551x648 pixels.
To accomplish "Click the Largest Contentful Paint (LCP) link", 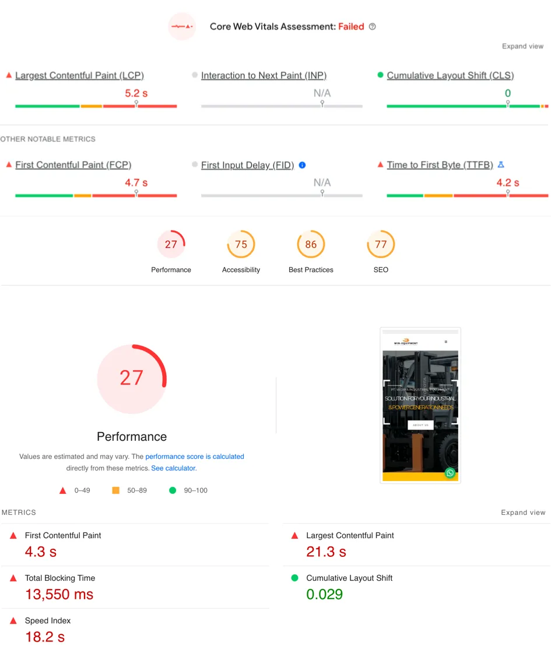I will [79, 75].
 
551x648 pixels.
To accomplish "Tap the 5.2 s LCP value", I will [136, 93].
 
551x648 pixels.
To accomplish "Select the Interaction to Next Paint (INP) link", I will [264, 75].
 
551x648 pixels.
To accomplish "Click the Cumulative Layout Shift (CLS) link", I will [450, 75].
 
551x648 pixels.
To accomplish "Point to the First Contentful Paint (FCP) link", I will [73, 165].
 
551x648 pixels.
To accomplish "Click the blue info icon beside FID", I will [302, 165].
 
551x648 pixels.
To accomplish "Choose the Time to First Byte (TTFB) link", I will [440, 165].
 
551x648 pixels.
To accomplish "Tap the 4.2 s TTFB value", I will [507, 183].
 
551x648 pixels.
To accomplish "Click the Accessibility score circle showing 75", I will [241, 245].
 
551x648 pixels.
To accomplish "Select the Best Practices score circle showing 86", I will [311, 245].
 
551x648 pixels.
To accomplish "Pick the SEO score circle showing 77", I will [381, 245].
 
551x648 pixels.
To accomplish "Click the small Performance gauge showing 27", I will [171, 245].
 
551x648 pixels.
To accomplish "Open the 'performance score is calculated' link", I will [195, 457].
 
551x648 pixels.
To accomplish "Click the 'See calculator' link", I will [174, 468].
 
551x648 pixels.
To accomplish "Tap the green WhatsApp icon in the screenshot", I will [450, 473].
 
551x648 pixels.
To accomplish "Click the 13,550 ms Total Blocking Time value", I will [59, 594].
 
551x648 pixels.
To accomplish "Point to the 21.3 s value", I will [326, 552].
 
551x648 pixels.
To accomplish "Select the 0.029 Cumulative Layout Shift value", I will [324, 594].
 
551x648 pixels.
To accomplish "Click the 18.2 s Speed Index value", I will [45, 636].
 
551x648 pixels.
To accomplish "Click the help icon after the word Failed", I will [373, 27].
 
